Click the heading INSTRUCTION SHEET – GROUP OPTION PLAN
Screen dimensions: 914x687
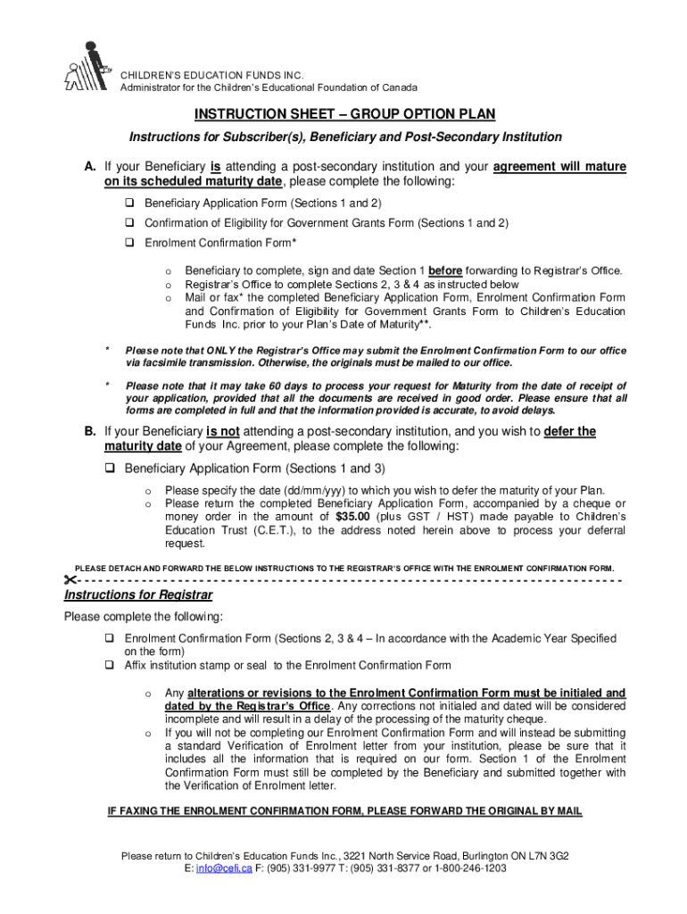[344, 114]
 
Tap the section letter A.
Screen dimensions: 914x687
[90, 167]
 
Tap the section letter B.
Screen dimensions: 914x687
[90, 431]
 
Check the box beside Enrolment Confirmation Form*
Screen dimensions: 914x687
[129, 242]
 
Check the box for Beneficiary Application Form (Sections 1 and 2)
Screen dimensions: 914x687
[129, 203]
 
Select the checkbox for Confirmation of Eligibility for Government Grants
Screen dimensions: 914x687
[129, 222]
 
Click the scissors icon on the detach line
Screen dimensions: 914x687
[70, 580]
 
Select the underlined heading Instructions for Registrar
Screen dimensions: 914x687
[137, 595]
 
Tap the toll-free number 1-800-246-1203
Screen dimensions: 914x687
[470, 868]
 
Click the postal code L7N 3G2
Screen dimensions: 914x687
[545, 855]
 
